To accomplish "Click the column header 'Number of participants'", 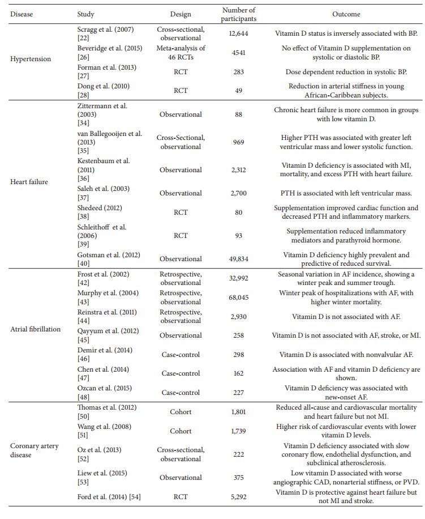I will pos(238,14).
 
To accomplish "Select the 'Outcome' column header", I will pos(346,14).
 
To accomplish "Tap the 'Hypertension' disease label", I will pos(31,59).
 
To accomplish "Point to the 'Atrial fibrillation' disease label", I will pos(36,329).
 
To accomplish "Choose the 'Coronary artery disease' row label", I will pos(35,450).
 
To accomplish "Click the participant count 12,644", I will pos(238,33).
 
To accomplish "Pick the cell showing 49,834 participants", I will pos(238,259).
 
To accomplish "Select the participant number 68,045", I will pos(238,297).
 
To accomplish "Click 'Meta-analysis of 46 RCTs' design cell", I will pos(181,53).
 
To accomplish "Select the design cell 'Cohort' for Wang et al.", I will pos(181,431).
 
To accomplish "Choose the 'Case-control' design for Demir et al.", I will pos(181,355).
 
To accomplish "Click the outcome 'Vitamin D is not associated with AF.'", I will pos(346,317).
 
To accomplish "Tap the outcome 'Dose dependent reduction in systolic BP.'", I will pos(346,72).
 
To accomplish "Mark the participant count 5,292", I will pos(238,497).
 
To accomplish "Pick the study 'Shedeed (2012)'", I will pos(99,208).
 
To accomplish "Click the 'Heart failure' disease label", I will pos(29,182).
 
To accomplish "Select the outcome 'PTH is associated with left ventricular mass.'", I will pos(346,193).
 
